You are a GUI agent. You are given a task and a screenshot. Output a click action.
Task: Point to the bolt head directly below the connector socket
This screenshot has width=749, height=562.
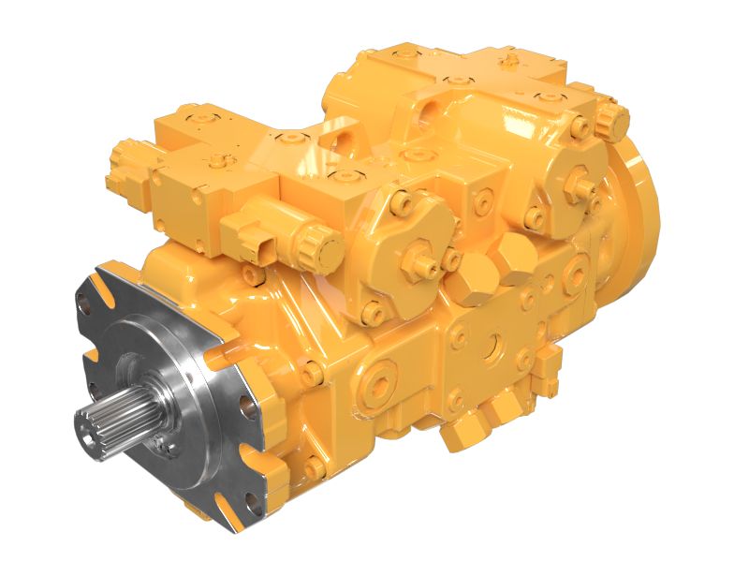point(251,274)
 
